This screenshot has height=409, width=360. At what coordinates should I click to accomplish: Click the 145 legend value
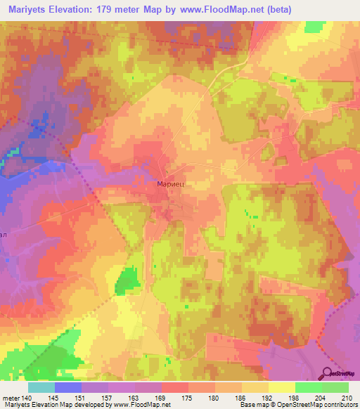54,398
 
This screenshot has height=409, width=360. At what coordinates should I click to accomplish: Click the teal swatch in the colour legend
41,387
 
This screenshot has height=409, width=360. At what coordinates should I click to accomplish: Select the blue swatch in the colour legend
67,387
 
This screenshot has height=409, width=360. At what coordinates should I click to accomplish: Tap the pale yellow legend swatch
282,387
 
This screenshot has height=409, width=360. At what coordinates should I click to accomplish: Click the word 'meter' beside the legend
11,398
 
